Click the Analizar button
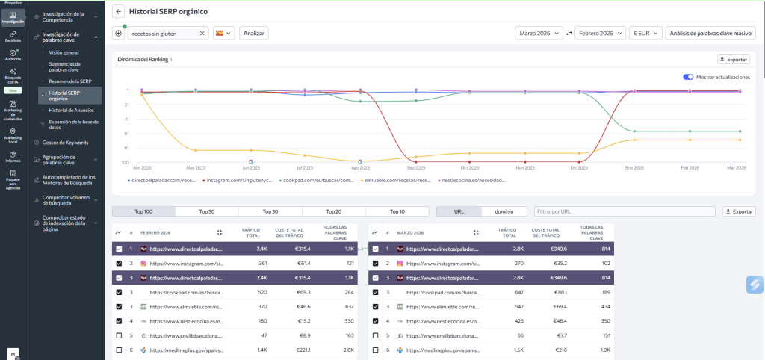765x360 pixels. click(x=253, y=34)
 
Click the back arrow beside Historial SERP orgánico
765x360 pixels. click(x=119, y=12)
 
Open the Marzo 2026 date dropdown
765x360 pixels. click(x=539, y=34)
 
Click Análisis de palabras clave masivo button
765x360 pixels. click(x=710, y=34)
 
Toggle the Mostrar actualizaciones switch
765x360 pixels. click(x=687, y=77)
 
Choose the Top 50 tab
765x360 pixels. click(x=207, y=211)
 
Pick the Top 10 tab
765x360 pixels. click(x=397, y=211)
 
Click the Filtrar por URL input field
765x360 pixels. click(x=625, y=211)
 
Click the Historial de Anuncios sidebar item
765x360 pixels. click(x=71, y=110)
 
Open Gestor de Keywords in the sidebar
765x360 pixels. click(x=65, y=142)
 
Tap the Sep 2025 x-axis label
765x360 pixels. click(x=416, y=168)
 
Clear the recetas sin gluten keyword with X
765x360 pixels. click(x=202, y=34)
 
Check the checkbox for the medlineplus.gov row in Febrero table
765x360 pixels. click(x=120, y=350)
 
